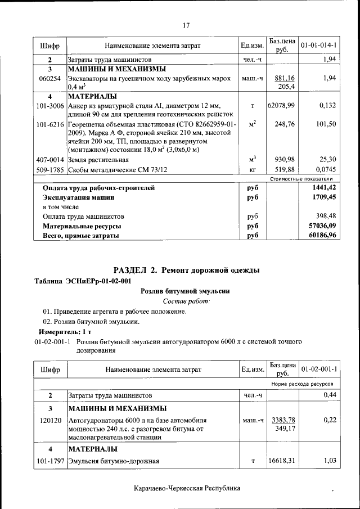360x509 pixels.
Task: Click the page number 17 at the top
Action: tap(187, 25)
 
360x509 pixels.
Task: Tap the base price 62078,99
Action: tap(282, 105)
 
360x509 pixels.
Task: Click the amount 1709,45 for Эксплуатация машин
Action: tap(322, 198)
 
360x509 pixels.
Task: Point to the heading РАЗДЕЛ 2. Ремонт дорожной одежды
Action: tap(186, 271)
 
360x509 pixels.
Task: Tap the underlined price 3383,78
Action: tap(283, 420)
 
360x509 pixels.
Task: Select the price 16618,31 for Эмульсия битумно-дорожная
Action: tap(282, 461)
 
